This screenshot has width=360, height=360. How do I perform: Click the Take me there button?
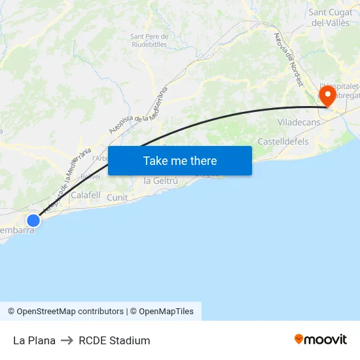click(180, 160)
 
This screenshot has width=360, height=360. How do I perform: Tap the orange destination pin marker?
click(327, 96)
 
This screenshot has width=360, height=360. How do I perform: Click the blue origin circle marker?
click(33, 221)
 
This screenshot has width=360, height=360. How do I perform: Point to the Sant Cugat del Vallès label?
click(331, 17)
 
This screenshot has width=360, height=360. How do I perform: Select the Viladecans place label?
click(298, 122)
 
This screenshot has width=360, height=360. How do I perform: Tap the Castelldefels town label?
click(283, 141)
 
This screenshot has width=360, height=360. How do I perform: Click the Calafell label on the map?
click(85, 195)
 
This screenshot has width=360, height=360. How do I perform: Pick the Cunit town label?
click(117, 198)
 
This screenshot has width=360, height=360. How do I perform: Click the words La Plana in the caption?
click(34, 340)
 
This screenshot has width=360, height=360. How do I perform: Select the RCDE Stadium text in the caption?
click(115, 340)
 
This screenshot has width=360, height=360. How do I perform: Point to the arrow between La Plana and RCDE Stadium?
click(67, 340)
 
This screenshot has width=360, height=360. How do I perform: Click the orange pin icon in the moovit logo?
click(299, 339)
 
